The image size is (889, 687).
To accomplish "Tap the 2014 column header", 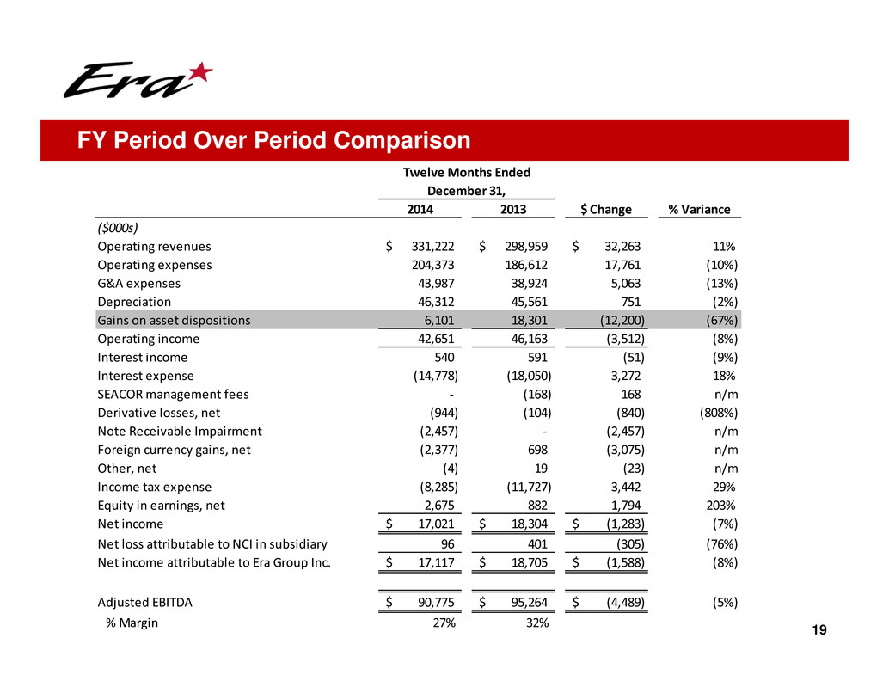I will point(420,209).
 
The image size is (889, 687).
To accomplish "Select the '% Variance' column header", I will point(699,209).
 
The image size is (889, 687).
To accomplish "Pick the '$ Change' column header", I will point(607,209).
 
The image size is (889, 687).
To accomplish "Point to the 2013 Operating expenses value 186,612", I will point(526,265).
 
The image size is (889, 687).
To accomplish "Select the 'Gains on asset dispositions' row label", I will point(175,320).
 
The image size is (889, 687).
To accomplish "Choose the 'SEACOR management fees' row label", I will point(174,395).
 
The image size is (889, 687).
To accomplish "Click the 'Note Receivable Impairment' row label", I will point(180,432).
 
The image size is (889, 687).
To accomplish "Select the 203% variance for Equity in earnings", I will point(711,506).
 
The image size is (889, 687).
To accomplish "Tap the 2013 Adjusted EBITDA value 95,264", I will point(527,603).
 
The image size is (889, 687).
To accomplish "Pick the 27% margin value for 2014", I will point(443,623).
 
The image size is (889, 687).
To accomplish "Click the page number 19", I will point(820,632).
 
